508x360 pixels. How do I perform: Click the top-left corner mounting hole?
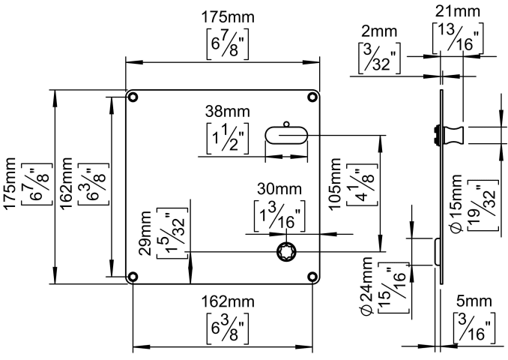(x=133, y=97)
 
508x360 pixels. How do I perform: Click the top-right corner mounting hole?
(x=312, y=97)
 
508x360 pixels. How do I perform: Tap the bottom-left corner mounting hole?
(x=133, y=277)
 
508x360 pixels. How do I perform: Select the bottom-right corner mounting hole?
(x=312, y=277)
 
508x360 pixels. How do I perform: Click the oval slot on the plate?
(x=285, y=134)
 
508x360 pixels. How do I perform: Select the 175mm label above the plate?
(x=227, y=17)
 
